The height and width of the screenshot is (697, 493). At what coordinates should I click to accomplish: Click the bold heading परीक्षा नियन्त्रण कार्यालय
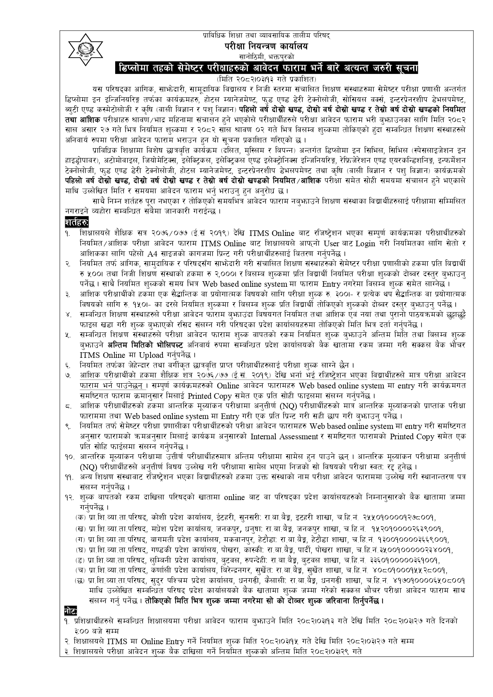[x=265, y=46]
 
